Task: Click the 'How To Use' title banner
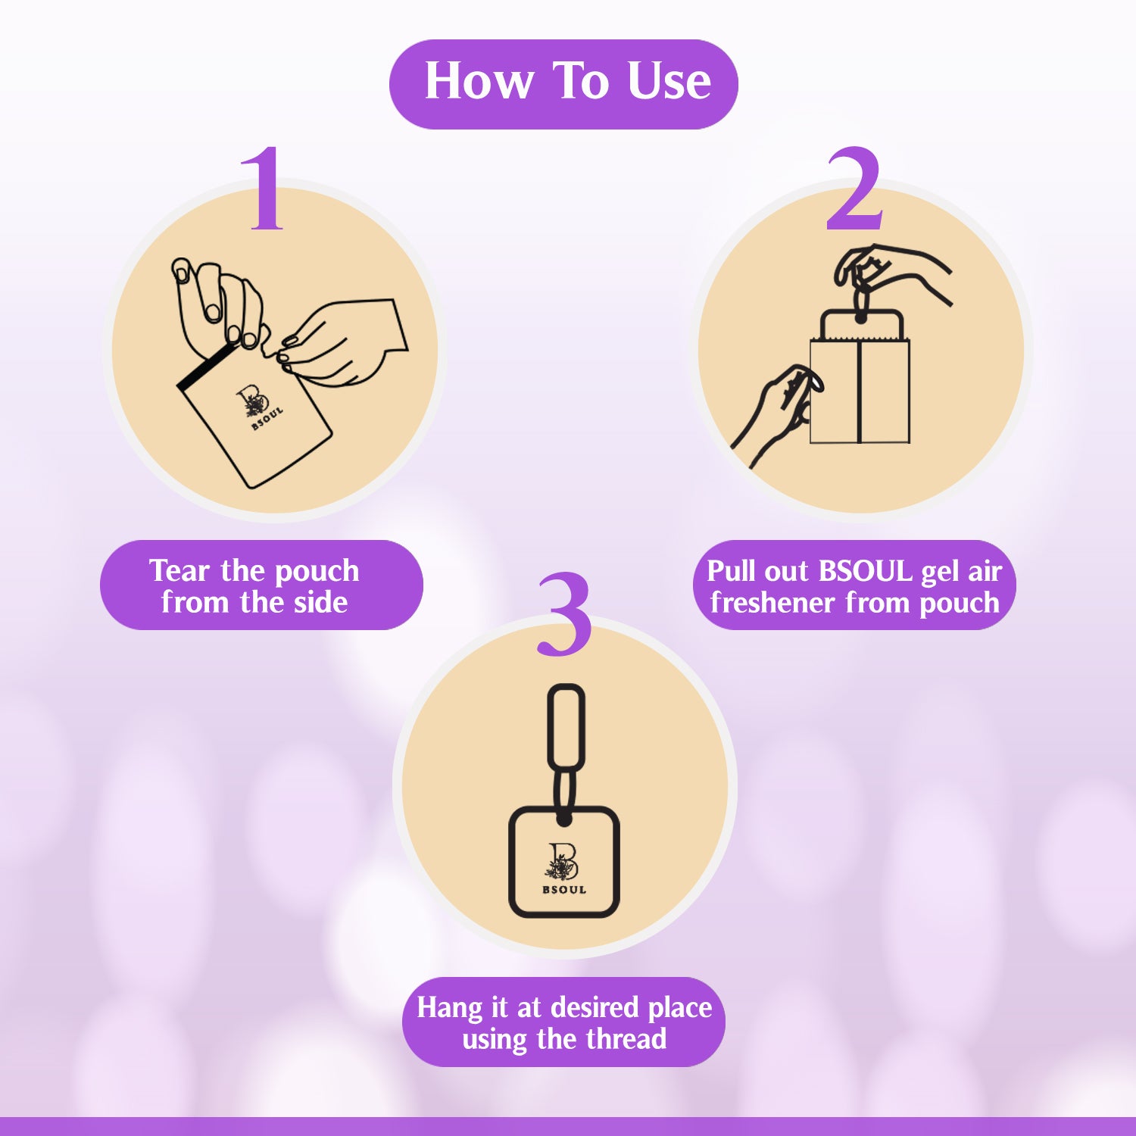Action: click(x=563, y=83)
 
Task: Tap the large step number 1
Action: click(x=262, y=189)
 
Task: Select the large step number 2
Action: click(x=854, y=189)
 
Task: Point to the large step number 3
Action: click(x=564, y=615)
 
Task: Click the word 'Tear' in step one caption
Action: click(x=179, y=570)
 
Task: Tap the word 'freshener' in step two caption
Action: click(x=773, y=604)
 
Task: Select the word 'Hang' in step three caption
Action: click(x=449, y=1009)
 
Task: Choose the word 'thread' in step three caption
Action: click(x=626, y=1040)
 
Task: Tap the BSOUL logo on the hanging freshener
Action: click(x=563, y=869)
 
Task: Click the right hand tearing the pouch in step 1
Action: click(x=348, y=341)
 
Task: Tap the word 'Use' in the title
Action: click(x=669, y=81)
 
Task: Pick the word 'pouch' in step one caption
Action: click(x=317, y=571)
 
